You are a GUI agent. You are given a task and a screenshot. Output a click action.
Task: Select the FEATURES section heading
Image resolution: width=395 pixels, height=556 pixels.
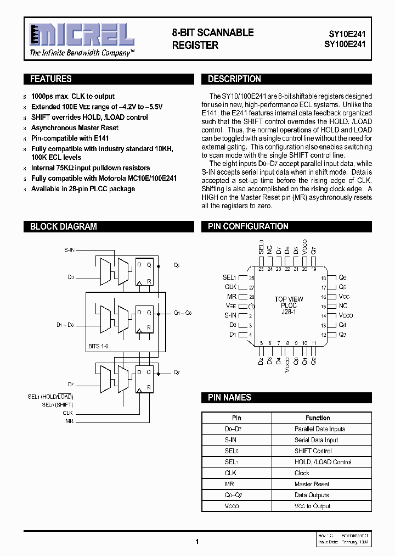coord(51,79)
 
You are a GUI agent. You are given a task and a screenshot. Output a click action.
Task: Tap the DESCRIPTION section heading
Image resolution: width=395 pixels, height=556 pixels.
coord(234,79)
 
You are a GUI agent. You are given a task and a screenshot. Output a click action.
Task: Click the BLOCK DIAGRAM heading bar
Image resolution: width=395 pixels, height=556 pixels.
coord(64,226)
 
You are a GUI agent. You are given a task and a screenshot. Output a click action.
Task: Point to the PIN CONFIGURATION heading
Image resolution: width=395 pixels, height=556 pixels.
coord(248,226)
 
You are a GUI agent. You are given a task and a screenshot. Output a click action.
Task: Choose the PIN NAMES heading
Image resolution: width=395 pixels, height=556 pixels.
coord(229,397)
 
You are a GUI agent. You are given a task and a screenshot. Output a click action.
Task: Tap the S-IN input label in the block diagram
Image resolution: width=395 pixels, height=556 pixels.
coord(69,250)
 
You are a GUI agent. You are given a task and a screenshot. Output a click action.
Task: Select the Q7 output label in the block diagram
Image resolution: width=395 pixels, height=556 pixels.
coord(176,372)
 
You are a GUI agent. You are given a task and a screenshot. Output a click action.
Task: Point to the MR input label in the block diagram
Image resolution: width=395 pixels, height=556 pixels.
coord(69,421)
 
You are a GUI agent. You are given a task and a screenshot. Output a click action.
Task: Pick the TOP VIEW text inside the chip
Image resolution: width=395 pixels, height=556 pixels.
coord(289,299)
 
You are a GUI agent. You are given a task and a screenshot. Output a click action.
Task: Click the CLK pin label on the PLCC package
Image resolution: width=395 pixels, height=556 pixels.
coord(230,287)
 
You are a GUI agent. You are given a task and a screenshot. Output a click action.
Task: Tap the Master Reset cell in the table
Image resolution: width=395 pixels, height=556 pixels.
coord(312,484)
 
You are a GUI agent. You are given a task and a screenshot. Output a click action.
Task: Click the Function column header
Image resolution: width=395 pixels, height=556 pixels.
coord(318,418)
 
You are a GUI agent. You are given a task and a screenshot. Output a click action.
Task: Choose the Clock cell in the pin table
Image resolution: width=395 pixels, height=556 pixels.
coord(302,473)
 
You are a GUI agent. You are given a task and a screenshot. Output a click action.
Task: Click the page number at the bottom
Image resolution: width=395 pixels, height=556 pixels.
coord(197,541)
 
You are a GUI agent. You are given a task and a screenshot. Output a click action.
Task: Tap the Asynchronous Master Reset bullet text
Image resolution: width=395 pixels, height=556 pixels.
coord(75,127)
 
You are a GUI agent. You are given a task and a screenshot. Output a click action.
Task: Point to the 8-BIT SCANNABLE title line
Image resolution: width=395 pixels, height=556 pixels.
coord(213,32)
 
